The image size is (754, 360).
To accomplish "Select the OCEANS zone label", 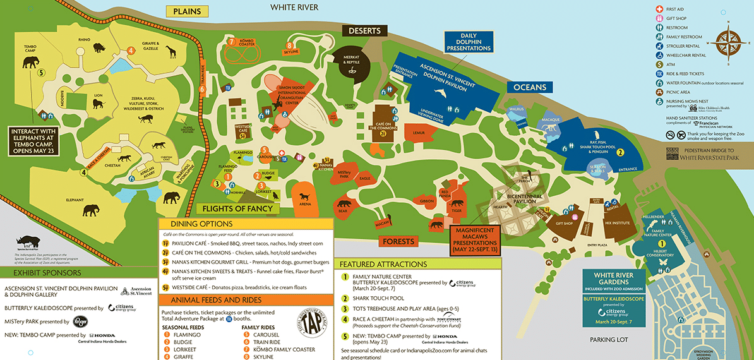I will tap(529, 87).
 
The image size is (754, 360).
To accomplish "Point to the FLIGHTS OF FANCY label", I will tap(237, 208).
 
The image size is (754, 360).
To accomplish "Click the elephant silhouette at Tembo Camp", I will tap(31, 62).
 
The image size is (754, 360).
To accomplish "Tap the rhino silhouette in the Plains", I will tap(102, 47).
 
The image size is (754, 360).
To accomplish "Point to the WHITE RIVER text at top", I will tap(294, 7).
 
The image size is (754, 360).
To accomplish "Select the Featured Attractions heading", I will tap(383, 264).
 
